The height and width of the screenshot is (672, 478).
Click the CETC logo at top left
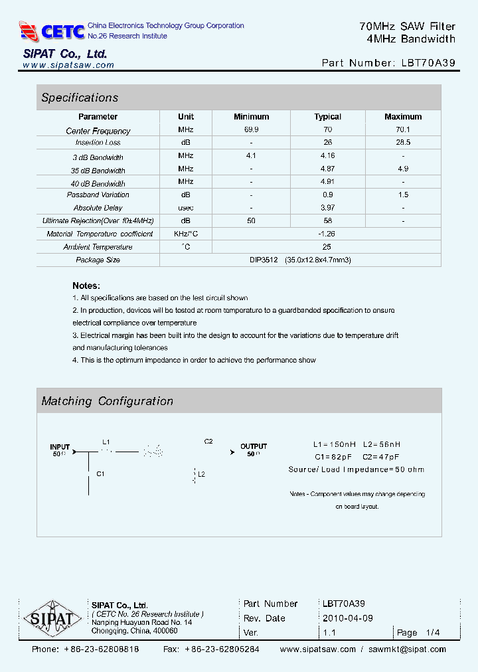(x=52, y=31)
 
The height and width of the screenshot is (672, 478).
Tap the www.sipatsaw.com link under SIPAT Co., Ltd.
(x=68, y=65)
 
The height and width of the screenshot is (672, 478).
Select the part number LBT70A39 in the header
(x=428, y=63)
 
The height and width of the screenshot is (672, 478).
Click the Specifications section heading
(x=80, y=98)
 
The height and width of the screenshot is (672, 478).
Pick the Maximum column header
(x=403, y=117)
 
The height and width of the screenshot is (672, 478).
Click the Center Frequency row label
(x=98, y=131)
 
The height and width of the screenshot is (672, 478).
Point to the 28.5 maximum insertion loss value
(x=403, y=143)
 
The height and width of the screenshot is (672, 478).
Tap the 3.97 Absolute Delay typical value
(x=327, y=208)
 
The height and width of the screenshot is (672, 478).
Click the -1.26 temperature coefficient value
(x=327, y=234)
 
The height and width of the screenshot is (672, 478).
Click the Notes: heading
(x=86, y=285)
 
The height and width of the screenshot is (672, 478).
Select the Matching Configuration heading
(x=107, y=401)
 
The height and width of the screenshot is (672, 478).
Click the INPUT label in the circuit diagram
(x=60, y=447)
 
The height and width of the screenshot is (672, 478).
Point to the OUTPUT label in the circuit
(x=254, y=446)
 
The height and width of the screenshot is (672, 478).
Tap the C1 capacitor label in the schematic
(x=100, y=474)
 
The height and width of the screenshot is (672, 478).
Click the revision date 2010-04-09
(x=348, y=618)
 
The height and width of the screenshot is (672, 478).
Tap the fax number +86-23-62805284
(x=222, y=649)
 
